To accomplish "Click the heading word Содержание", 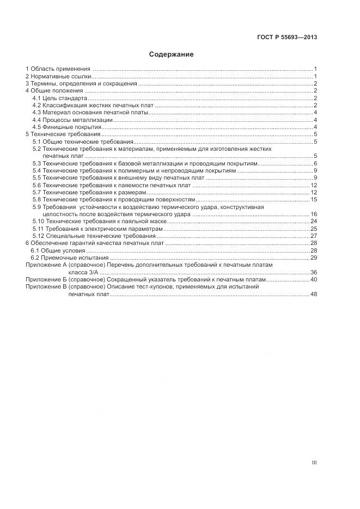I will point(171,54).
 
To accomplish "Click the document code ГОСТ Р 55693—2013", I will point(287,38).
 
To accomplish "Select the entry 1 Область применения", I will point(58,69).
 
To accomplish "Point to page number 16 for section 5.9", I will point(314,214).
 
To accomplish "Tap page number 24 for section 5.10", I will point(314,222).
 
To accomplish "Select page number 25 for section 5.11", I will point(314,229).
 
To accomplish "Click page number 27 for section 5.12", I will point(314,236).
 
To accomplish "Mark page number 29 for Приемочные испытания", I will point(314,257).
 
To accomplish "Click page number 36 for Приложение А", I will point(314,272).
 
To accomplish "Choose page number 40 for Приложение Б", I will point(314,279).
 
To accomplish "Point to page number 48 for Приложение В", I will point(314,294).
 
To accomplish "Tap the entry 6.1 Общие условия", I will point(58,250).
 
